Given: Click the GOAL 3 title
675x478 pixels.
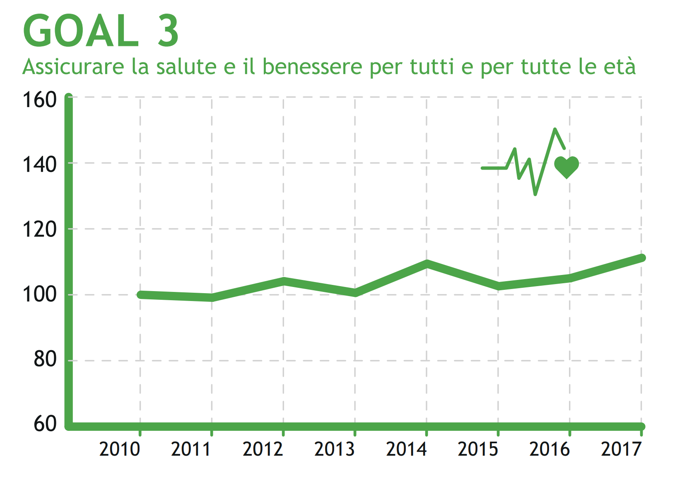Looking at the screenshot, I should [x=101, y=31].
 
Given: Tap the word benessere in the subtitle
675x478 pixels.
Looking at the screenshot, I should [x=312, y=67].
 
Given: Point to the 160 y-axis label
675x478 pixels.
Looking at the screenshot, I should [x=39, y=100].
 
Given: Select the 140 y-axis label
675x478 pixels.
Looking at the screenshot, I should [x=39, y=165].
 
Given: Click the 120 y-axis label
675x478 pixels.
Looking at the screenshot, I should [x=39, y=229].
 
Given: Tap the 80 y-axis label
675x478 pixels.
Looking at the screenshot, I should [x=45, y=359].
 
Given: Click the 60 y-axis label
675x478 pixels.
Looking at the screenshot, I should [x=45, y=424].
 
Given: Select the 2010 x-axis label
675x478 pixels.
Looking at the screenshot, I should [x=120, y=449].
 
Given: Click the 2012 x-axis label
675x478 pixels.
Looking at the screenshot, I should [x=263, y=449].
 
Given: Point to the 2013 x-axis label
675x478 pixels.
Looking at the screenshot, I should [x=335, y=449].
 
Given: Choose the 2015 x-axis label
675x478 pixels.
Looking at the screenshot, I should [x=478, y=449].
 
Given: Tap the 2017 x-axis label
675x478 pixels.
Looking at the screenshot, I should [x=621, y=449].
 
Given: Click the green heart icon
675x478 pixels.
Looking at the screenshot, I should [x=567, y=167].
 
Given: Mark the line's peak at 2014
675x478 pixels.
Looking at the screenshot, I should [x=427, y=263].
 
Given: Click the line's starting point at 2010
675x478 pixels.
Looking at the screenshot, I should [x=140, y=295].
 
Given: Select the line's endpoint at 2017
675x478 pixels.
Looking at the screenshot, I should [x=641, y=258].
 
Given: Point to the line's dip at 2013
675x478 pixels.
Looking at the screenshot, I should [x=355, y=293].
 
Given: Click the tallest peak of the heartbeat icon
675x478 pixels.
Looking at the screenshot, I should [x=555, y=130].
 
